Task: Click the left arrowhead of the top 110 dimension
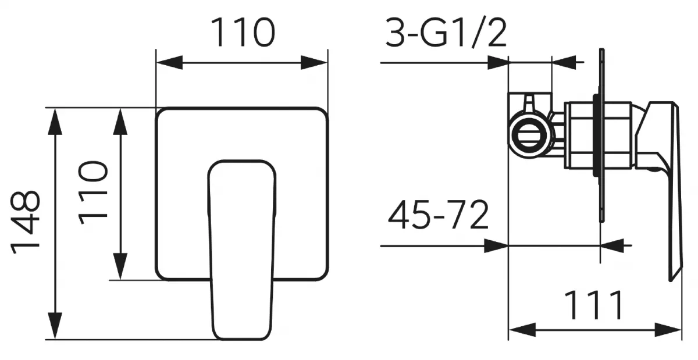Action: click(169, 62)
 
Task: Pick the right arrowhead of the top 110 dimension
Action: click(314, 62)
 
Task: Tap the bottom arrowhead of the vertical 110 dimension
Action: click(120, 267)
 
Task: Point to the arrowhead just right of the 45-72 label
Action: click(496, 246)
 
